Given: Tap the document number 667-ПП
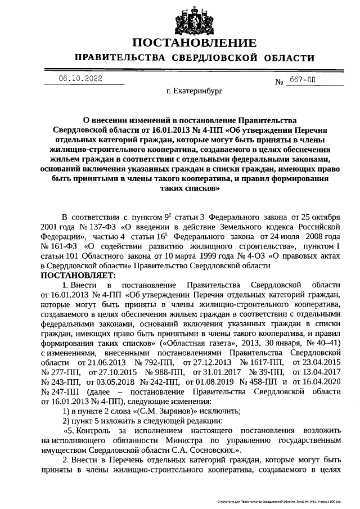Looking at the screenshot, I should tap(303, 80).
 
